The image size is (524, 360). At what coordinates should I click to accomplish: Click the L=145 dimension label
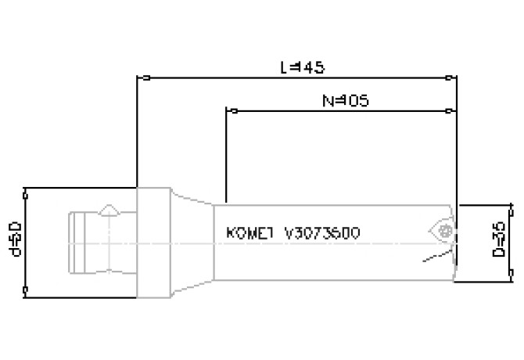point(302,68)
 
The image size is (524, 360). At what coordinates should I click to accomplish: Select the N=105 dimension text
point(345,100)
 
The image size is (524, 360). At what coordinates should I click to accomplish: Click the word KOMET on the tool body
point(249,233)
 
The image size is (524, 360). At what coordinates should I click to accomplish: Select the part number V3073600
point(322,233)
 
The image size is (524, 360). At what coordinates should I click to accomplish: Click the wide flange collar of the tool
point(153,242)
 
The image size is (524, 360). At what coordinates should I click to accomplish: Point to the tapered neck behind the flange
point(192,242)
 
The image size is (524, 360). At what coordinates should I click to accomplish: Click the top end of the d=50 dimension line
point(26,188)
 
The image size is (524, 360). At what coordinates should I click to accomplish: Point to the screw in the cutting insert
point(447,231)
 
